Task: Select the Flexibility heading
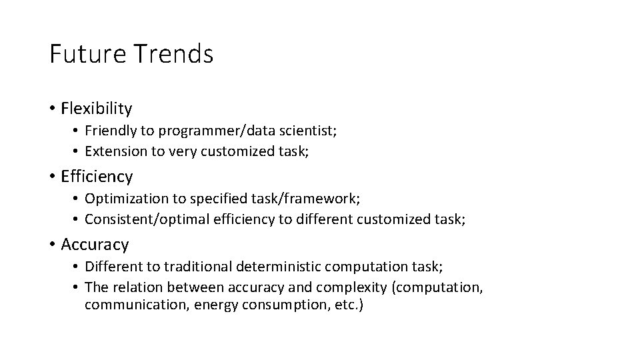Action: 97,108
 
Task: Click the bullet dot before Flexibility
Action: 52,109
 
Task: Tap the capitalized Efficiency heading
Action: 97,177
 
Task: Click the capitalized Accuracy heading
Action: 95,245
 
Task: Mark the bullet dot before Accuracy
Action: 52,245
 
